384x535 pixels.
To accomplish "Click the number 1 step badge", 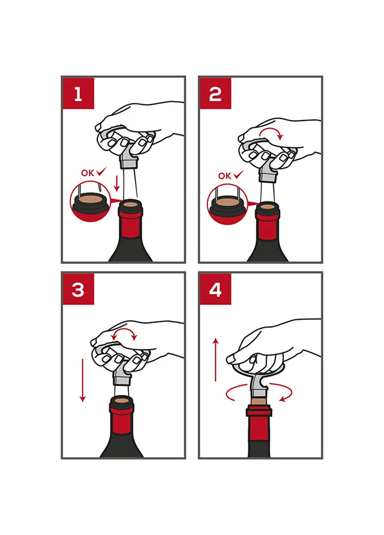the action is pyautogui.click(x=78, y=93).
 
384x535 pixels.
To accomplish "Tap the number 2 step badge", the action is pyautogui.click(x=215, y=93).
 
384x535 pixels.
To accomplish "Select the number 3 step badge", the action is pyautogui.click(x=78, y=289).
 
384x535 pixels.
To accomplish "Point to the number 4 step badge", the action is pyautogui.click(x=215, y=289).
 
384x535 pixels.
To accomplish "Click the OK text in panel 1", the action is pyautogui.click(x=88, y=173).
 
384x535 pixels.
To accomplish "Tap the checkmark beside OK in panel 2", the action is pyautogui.click(x=239, y=174).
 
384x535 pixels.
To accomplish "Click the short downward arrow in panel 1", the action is pyautogui.click(x=117, y=184).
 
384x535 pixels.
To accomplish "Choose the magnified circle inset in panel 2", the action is pyautogui.click(x=227, y=204).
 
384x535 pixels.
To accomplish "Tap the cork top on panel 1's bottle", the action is pyautogui.click(x=130, y=205).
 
